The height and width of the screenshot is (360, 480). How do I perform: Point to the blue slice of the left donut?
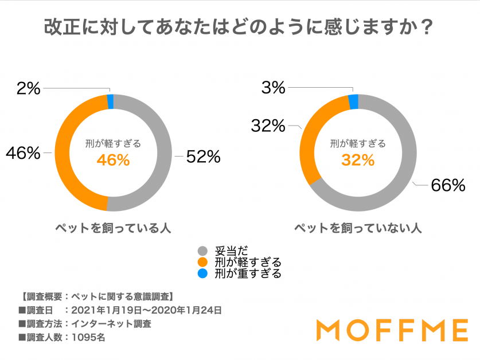pyautogui.click(x=111, y=101)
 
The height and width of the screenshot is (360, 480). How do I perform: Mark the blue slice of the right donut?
pyautogui.click(x=354, y=101)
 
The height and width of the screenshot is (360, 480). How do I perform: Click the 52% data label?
pyautogui.click(x=203, y=156)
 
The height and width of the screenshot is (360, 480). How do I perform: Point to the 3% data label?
pyautogui.click(x=273, y=88)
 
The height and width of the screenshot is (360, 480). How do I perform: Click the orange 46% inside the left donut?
pyautogui.click(x=113, y=161)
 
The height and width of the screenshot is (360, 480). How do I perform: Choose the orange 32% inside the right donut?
pyautogui.click(x=357, y=161)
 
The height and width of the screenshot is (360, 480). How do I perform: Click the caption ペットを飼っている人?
pyautogui.click(x=113, y=228)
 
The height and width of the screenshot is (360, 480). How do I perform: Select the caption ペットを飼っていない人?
pyautogui.click(x=358, y=228)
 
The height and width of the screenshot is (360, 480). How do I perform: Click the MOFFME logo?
pyautogui.click(x=392, y=331)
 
